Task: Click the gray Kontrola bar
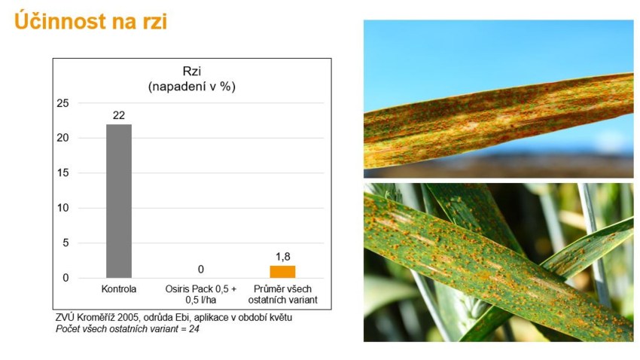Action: click(x=119, y=201)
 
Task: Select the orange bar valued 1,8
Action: click(x=282, y=272)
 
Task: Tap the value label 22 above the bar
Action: click(x=119, y=115)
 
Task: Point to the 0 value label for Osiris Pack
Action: click(x=201, y=270)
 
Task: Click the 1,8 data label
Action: click(x=283, y=257)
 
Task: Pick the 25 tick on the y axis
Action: click(x=62, y=103)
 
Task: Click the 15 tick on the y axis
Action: click(x=62, y=173)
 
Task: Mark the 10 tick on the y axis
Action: click(x=62, y=208)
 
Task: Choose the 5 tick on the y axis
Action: click(x=66, y=243)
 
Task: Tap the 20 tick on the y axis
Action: click(x=62, y=138)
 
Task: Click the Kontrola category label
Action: click(x=119, y=289)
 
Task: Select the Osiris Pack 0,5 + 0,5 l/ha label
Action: click(x=201, y=294)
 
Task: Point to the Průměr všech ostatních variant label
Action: click(x=283, y=294)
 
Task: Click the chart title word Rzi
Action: click(x=192, y=72)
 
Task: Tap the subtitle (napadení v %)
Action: click(x=192, y=87)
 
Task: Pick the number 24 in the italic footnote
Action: click(x=194, y=328)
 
